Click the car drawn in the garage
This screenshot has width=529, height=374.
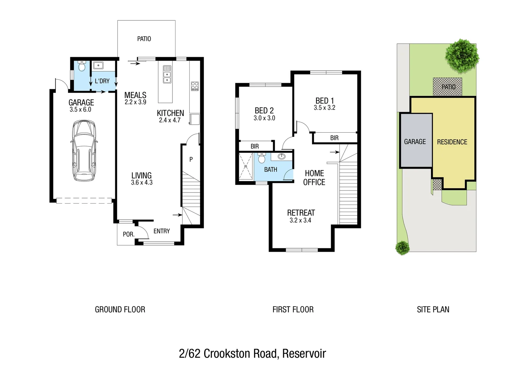83,151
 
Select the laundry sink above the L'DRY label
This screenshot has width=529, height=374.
98,65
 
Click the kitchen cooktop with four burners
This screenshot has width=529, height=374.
195,86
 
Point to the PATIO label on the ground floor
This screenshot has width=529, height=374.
144,39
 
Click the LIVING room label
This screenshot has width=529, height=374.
141,175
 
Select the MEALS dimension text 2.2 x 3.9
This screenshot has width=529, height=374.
135,102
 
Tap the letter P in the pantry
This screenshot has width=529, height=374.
191,159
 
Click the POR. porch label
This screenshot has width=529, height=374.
128,234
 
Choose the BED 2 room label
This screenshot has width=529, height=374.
264,110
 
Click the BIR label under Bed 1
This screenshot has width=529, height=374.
334,138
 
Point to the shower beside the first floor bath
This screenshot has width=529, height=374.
246,167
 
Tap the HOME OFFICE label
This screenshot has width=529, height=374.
314,178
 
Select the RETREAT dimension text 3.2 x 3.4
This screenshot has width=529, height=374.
300,220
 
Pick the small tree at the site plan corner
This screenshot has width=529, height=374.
402,247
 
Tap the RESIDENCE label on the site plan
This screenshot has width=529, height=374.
452,142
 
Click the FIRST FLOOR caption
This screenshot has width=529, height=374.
293,310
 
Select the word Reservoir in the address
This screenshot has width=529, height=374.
304,354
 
